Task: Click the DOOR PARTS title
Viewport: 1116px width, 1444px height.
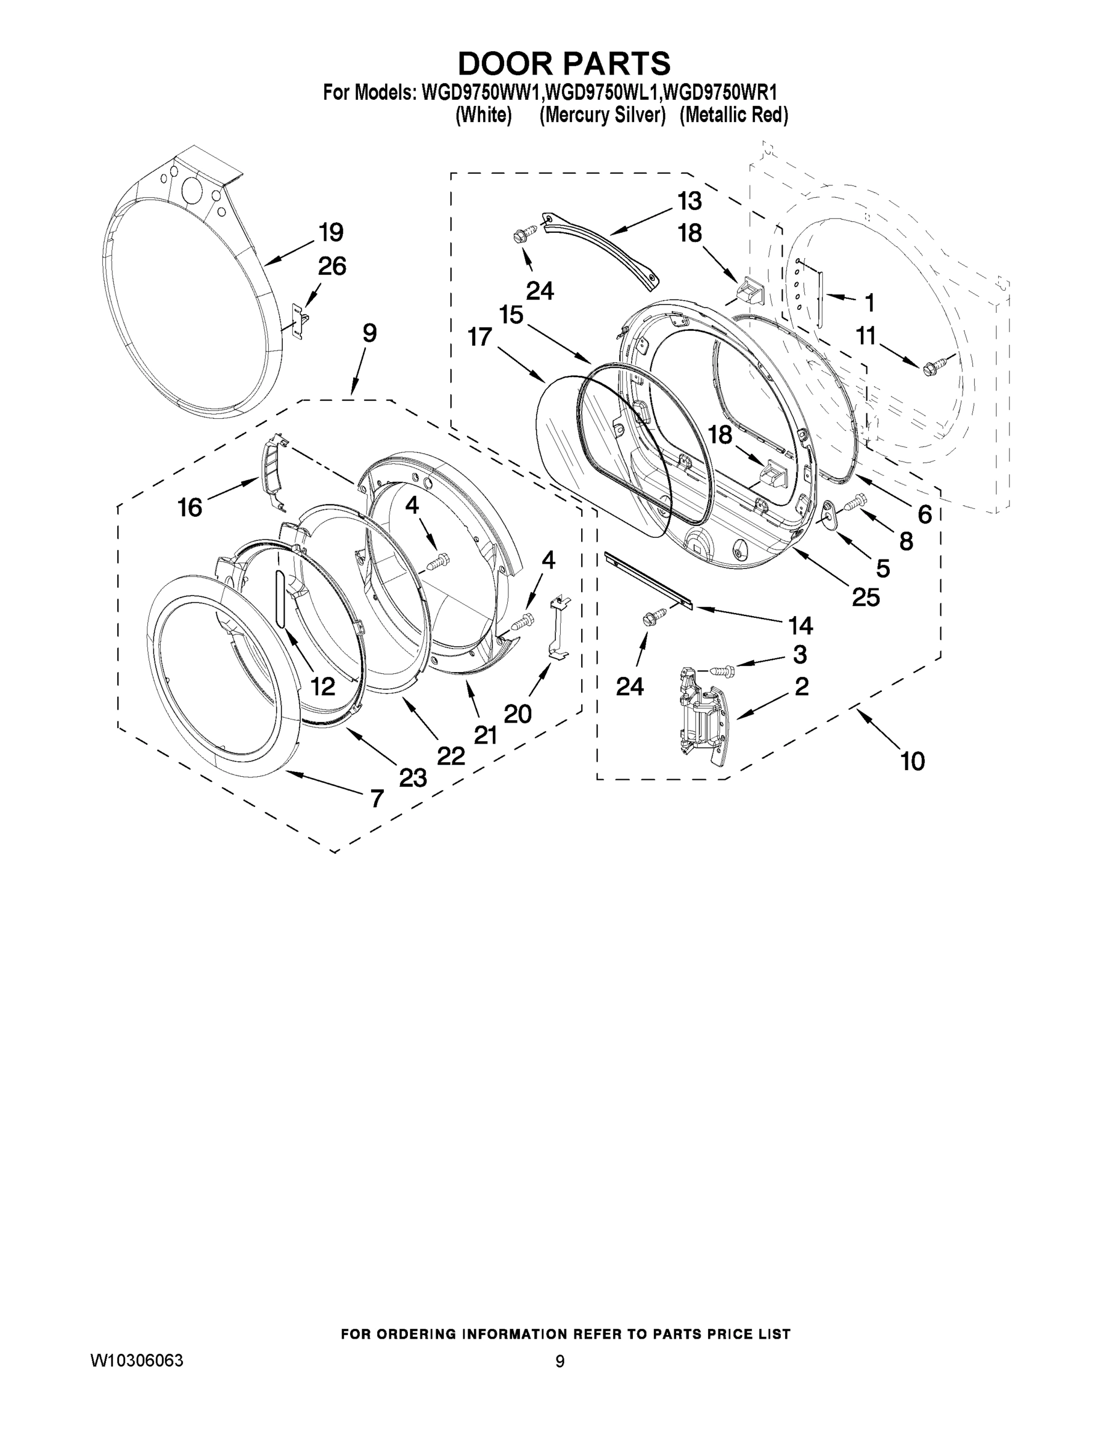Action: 564,63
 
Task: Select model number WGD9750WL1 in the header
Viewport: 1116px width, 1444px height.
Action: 600,92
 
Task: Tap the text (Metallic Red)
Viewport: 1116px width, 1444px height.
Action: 734,115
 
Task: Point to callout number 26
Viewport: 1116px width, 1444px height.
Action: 332,267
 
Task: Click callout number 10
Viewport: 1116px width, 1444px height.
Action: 913,761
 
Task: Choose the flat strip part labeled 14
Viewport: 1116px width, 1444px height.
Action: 649,579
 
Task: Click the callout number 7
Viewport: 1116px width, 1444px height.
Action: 377,798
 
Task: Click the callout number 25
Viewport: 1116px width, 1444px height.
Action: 866,597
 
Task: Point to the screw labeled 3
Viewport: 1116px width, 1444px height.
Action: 723,671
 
